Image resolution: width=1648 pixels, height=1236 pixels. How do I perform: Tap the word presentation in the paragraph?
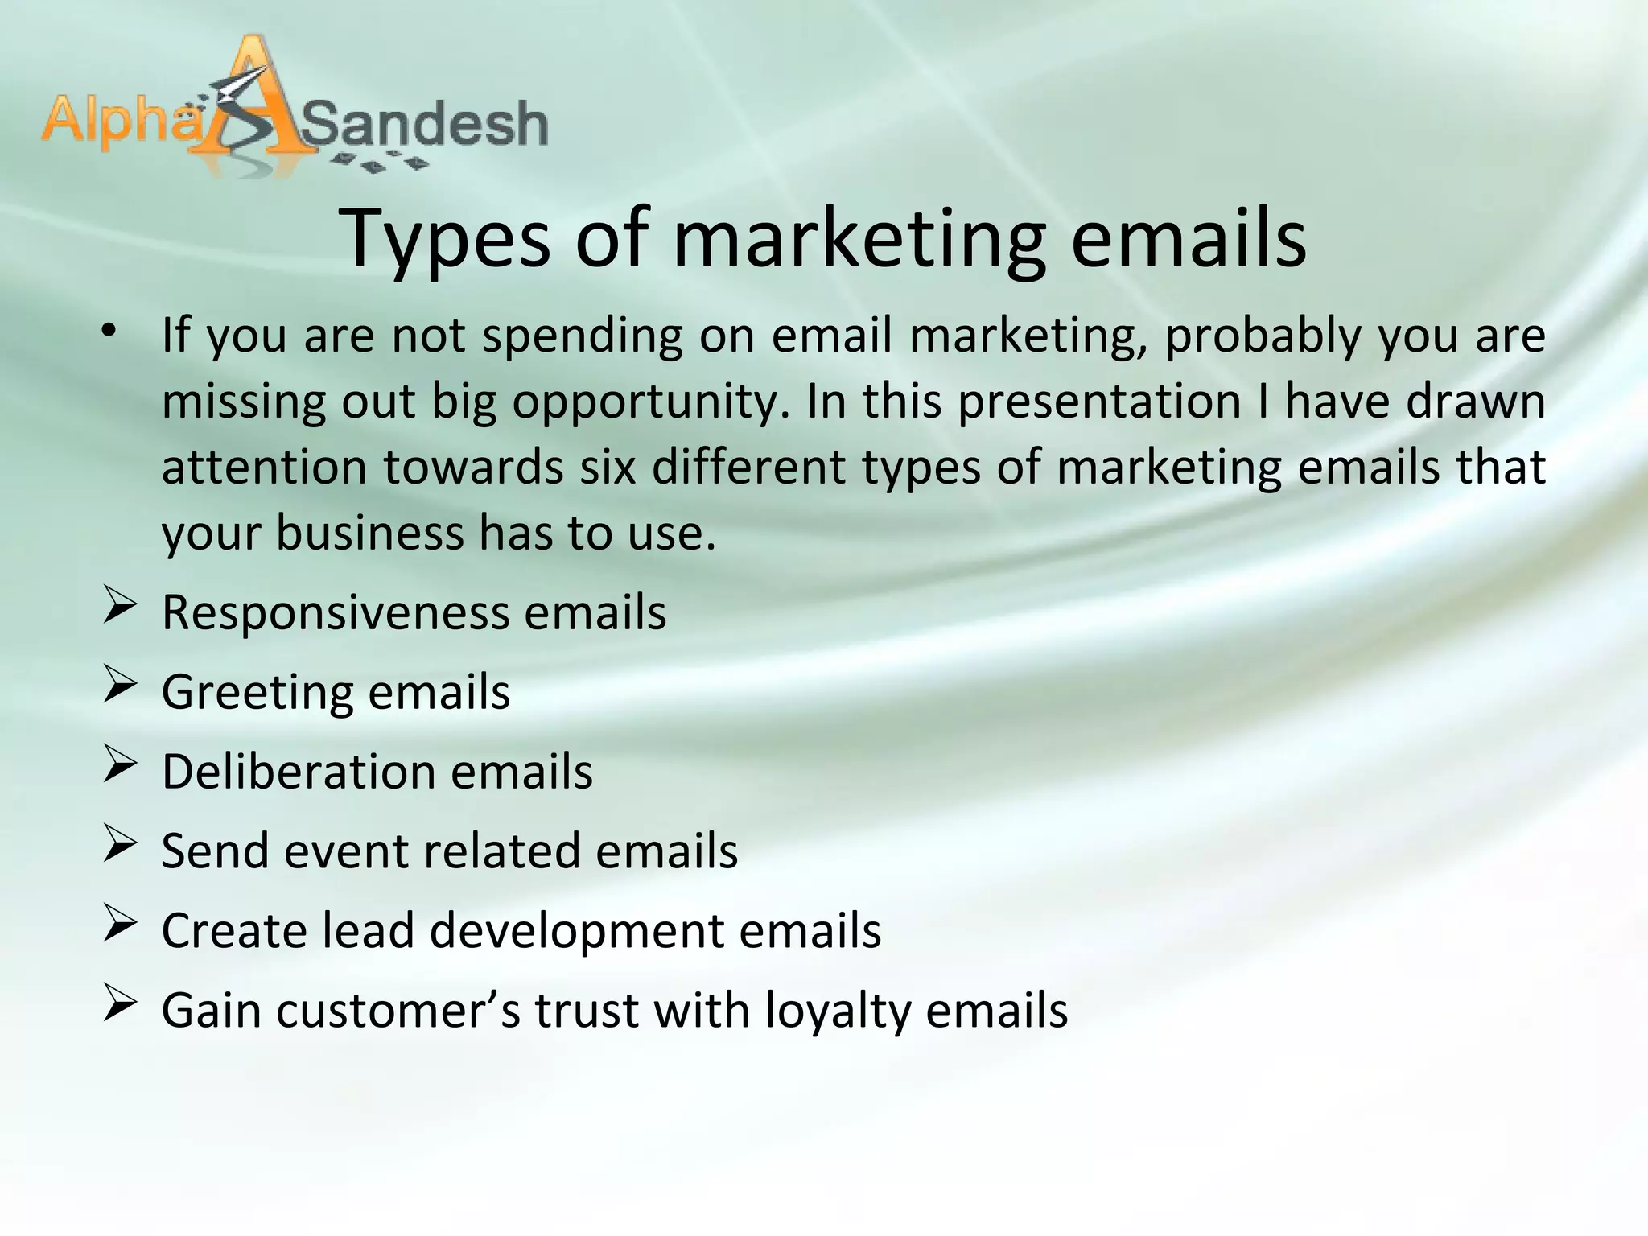click(x=1099, y=402)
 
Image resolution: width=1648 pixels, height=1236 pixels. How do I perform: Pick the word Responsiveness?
click(x=336, y=613)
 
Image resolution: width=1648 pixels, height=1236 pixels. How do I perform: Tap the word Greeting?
click(x=257, y=692)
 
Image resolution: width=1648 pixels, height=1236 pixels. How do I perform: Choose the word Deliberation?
click(x=298, y=772)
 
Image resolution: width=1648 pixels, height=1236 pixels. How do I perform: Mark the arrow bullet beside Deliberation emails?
click(x=118, y=767)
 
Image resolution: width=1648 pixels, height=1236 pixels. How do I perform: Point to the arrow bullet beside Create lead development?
click(x=118, y=926)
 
